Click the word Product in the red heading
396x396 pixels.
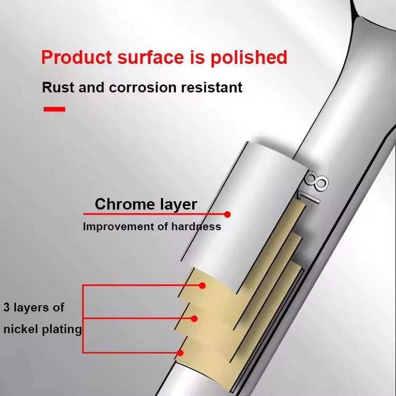tap(77, 57)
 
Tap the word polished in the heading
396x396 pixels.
tap(249, 58)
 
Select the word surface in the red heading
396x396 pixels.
tap(151, 57)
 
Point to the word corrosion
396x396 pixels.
tap(143, 88)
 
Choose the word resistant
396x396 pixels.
tap(212, 87)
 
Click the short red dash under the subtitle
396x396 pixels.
tap(54, 109)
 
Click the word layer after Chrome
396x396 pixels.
tap(178, 205)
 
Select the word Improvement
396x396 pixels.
tap(118, 227)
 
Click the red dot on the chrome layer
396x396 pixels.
tap(227, 214)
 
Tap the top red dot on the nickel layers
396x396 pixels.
tap(202, 286)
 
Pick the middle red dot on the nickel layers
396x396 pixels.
tap(194, 319)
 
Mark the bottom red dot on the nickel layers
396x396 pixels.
tap(180, 353)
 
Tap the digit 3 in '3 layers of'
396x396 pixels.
tap(6, 307)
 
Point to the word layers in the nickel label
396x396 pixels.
tap(31, 308)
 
